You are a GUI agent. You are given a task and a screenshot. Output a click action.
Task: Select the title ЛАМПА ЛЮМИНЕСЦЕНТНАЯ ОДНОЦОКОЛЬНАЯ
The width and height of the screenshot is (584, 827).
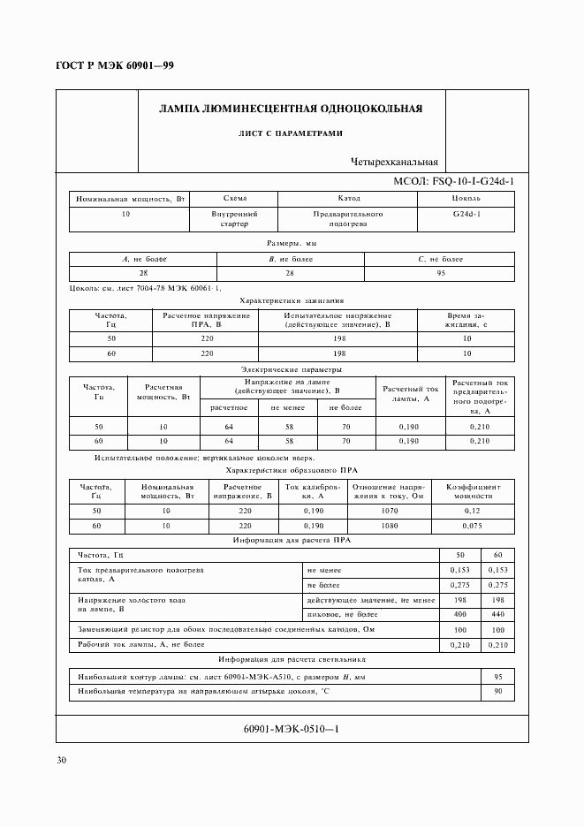(x=290, y=109)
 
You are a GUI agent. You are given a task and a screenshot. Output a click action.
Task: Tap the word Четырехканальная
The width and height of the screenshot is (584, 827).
(x=394, y=163)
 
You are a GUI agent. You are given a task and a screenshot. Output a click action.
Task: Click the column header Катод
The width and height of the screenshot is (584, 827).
(x=348, y=199)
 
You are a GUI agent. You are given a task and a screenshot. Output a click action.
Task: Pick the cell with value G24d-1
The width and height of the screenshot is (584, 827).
(x=467, y=214)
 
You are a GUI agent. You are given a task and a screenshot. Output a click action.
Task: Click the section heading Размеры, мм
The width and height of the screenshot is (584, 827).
(x=292, y=242)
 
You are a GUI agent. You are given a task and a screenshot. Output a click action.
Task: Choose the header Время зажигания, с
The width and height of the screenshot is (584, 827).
(x=467, y=320)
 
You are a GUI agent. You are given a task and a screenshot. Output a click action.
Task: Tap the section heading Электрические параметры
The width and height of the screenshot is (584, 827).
(x=292, y=369)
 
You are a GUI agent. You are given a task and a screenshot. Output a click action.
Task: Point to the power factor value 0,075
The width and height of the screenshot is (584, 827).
(x=474, y=525)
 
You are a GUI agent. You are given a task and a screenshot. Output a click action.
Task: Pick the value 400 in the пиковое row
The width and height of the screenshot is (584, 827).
(x=460, y=613)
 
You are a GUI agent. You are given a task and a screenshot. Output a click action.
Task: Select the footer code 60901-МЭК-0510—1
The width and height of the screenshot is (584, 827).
(x=292, y=729)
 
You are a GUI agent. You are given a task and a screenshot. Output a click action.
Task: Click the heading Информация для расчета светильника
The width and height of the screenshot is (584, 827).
(x=292, y=660)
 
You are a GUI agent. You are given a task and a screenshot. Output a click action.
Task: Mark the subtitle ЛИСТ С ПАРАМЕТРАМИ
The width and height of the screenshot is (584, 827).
(x=290, y=133)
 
